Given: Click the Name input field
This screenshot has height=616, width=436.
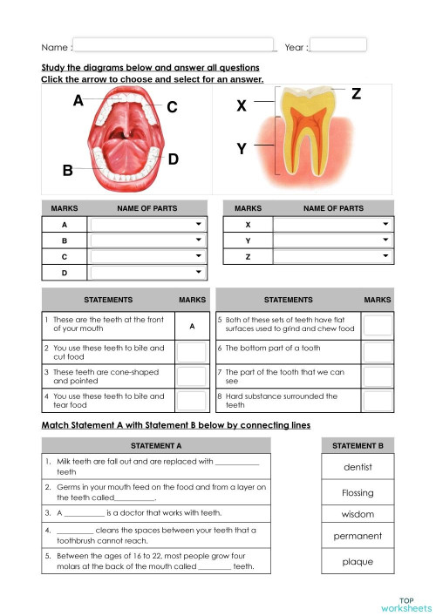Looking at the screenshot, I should point(174,45).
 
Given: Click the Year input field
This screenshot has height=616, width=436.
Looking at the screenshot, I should point(338,45).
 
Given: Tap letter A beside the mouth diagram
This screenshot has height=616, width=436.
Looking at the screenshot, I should point(78,101).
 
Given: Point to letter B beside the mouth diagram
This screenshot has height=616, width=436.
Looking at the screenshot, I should point(67,171).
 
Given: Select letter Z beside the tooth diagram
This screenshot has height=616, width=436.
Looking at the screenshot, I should point(356,94).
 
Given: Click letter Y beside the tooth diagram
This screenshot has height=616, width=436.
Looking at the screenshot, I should point(242,149).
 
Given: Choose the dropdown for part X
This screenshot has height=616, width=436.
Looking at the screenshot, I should point(333,225).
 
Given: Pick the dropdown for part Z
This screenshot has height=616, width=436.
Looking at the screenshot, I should point(333,257).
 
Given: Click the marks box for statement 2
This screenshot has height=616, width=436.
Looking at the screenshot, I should point(191,351).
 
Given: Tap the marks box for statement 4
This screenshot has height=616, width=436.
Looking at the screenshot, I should point(191,400).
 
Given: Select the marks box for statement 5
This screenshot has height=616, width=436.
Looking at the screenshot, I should point(378,326).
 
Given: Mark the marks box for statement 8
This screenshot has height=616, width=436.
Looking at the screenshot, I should point(378,400).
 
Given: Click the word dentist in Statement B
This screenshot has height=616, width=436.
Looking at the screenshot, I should point(358,467).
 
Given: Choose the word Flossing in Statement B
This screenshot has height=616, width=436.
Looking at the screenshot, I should point(358,492).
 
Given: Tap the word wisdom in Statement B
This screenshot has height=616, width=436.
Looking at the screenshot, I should point(358,514).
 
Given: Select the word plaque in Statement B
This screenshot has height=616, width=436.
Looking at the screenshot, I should point(358,561).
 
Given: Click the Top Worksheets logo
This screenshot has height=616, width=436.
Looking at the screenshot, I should point(406,604).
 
